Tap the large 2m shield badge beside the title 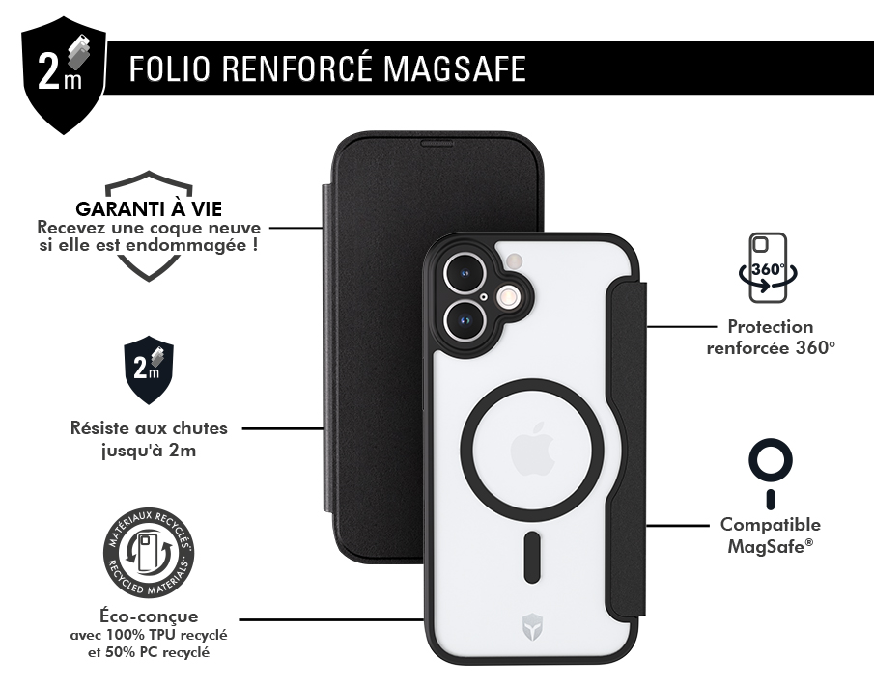point(63,75)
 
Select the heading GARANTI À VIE point(149,208)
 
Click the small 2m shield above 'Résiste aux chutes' point(149,370)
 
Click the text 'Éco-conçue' point(149,616)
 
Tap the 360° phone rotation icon point(768,268)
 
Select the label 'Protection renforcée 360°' point(771,337)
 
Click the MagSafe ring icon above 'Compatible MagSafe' point(771,474)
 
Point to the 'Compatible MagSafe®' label point(771,535)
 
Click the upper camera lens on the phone point(465,273)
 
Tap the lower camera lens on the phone point(465,320)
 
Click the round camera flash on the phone point(508,297)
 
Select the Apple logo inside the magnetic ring point(532,449)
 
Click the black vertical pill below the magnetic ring point(532,558)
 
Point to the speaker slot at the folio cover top point(437,144)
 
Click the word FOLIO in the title point(170,68)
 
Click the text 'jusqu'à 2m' point(149,450)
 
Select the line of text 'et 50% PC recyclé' point(149,651)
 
